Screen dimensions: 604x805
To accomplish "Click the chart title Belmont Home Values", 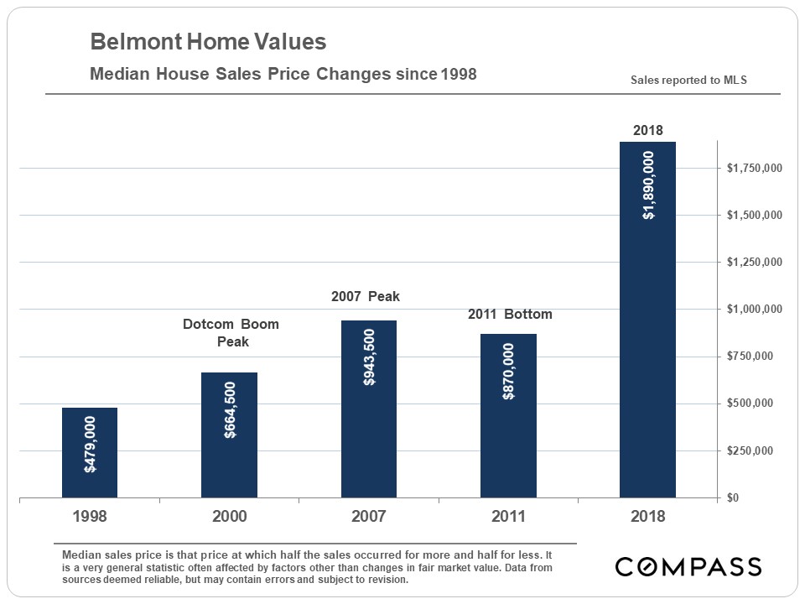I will [x=208, y=42].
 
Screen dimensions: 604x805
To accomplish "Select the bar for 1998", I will [x=90, y=453].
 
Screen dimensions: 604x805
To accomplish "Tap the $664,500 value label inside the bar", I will [x=230, y=410].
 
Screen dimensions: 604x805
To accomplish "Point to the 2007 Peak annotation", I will [x=366, y=296].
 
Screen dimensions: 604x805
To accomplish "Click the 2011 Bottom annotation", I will [x=509, y=315].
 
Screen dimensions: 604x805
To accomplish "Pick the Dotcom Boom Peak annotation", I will [x=231, y=332].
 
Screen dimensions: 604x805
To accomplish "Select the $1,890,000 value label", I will [x=648, y=185].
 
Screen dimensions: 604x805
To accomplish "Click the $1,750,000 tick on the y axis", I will [x=755, y=169].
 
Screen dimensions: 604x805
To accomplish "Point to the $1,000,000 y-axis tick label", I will [x=755, y=310].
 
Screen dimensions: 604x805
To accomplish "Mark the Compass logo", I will [x=688, y=566].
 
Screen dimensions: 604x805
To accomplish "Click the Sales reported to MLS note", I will [x=688, y=81].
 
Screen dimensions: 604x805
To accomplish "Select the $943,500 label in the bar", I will [x=369, y=357].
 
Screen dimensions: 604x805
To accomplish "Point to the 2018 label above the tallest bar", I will [x=647, y=130].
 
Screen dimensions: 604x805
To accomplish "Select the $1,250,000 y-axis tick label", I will [x=755, y=263].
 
